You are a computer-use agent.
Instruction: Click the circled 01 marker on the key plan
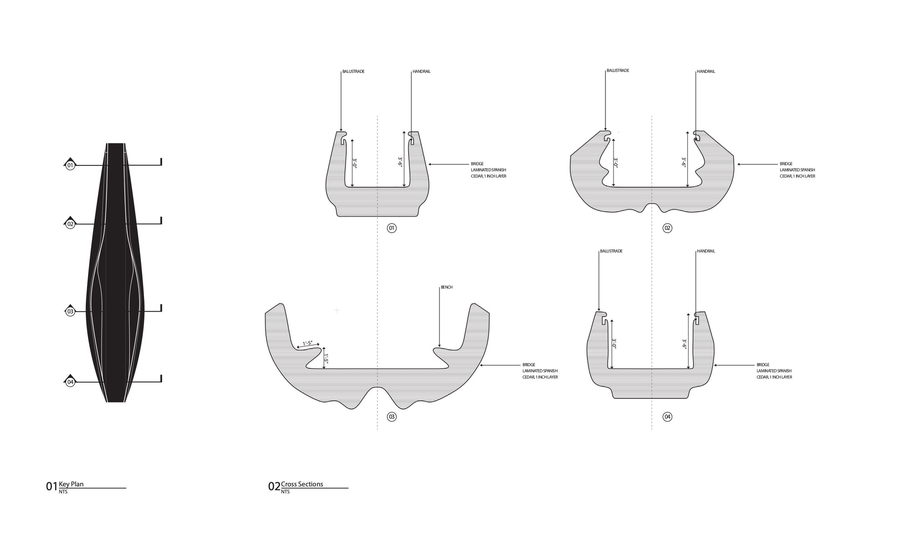70,166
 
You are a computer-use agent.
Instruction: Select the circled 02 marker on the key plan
70,224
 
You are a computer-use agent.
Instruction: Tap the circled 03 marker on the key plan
70,311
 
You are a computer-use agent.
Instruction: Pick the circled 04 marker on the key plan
70,382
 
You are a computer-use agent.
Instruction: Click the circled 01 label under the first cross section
391,228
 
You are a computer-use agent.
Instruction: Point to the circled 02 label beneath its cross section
667,228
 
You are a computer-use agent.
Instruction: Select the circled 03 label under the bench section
391,417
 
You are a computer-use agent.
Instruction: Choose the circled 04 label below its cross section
667,417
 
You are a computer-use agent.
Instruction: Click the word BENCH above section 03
447,287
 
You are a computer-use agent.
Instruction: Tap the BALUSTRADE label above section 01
354,71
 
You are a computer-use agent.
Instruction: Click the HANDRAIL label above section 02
706,71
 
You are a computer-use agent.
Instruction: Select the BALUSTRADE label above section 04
611,251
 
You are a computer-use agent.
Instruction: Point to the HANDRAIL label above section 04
706,251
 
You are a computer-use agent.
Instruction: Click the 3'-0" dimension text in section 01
355,163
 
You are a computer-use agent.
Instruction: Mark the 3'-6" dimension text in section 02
684,163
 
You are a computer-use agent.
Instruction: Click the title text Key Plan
71,484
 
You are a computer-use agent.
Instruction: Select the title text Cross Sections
302,484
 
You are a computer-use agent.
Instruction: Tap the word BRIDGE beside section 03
529,365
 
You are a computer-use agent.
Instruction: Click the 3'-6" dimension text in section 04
684,344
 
